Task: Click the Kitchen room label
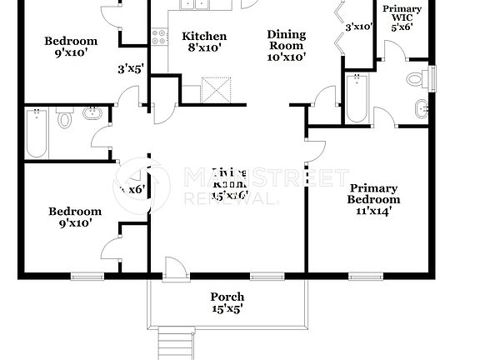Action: click(x=204, y=42)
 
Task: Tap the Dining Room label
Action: click(x=286, y=46)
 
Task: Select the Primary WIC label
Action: click(x=402, y=17)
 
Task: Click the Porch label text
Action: click(x=227, y=302)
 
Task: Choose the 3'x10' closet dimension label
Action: click(x=358, y=27)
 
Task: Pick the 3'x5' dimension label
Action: click(x=131, y=68)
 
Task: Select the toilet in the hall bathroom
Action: click(x=65, y=121)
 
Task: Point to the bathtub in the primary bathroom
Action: click(x=357, y=97)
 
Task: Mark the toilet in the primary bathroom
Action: click(x=415, y=80)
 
